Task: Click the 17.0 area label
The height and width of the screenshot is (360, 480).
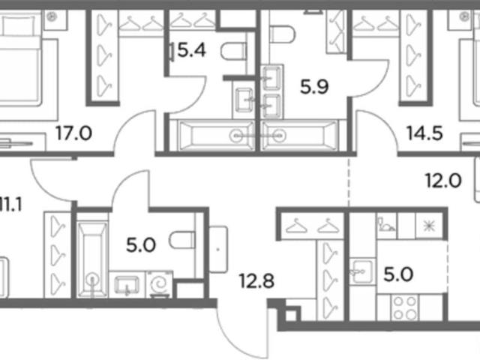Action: pos(73,133)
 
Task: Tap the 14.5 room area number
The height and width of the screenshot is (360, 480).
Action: pos(424,133)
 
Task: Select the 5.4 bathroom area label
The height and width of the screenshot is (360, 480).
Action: pos(192,50)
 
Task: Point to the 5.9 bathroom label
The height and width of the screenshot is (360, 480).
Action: pos(314,87)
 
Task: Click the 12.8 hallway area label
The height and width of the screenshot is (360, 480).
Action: pos(256,281)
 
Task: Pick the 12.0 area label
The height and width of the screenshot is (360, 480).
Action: pos(443,181)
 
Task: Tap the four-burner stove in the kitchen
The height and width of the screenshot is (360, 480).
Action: pos(406,307)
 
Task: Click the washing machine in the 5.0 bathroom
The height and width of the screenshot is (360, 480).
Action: pos(160,284)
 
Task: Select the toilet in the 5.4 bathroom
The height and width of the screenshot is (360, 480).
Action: pos(233,52)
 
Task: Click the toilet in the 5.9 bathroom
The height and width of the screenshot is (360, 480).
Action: pos(282,34)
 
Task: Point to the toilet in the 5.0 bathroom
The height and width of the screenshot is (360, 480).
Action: pos(182,240)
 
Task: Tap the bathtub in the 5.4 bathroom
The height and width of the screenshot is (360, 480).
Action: pos(216,136)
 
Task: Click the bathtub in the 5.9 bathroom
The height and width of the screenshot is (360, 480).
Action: pos(300,136)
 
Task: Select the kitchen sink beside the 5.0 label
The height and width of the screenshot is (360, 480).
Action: pos(363,271)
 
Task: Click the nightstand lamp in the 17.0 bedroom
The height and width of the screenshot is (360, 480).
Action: pos(52,16)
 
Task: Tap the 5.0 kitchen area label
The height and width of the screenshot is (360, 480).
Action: pos(398,274)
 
